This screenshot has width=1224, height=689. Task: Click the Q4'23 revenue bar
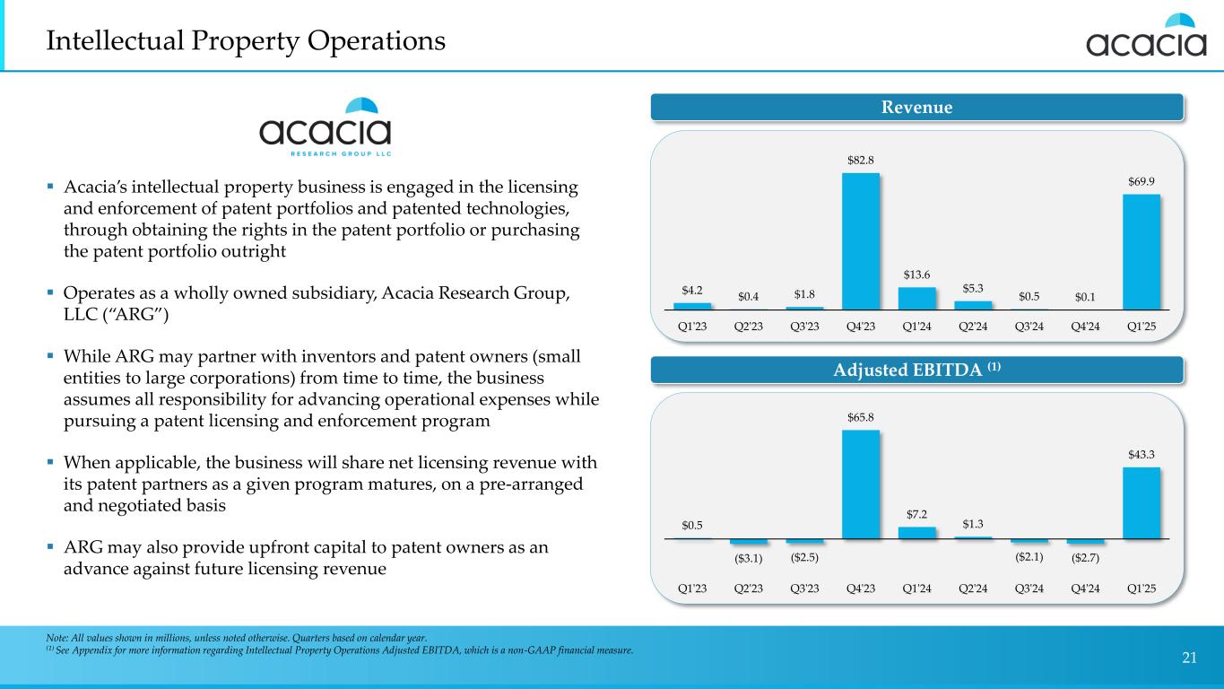click(861, 240)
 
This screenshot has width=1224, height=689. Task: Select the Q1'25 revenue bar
click(1142, 251)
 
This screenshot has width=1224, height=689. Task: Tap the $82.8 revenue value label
click(861, 160)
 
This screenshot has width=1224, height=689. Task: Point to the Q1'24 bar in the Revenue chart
click(916, 298)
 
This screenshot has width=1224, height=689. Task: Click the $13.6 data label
click(916, 275)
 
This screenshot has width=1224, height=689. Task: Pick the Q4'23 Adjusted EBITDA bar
click(861, 484)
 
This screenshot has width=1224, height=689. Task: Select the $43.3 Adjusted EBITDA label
click(1142, 455)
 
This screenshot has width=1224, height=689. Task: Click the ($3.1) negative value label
click(749, 559)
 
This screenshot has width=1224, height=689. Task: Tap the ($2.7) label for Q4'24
click(1086, 559)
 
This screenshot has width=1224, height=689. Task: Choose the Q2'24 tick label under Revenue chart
click(973, 327)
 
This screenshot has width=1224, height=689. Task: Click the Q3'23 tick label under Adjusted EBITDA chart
click(804, 589)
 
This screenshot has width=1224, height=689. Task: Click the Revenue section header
click(916, 108)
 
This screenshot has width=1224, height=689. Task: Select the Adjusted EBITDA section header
click(916, 370)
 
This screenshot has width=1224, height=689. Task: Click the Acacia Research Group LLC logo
click(326, 126)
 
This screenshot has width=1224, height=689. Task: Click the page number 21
click(1189, 658)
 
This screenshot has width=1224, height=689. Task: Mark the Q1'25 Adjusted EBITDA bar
click(1142, 502)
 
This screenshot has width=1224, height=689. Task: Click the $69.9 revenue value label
click(1142, 181)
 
